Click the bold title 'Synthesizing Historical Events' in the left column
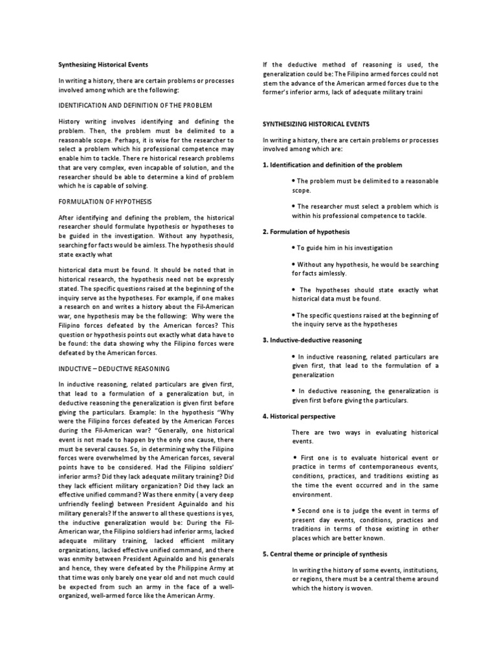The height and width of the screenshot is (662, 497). pyautogui.click(x=104, y=65)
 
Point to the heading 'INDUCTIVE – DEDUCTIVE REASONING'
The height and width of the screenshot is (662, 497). pyautogui.click(x=114, y=368)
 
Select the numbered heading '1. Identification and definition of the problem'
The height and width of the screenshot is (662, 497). pyautogui.click(x=332, y=165)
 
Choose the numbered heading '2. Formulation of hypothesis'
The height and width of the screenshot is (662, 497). pyautogui.click(x=305, y=231)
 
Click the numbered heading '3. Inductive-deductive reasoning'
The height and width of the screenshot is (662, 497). pyautogui.click(x=313, y=339)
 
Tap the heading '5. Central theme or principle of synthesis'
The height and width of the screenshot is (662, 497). pyautogui.click(x=325, y=553)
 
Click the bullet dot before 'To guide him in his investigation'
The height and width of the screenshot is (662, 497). pyautogui.click(x=294, y=248)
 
